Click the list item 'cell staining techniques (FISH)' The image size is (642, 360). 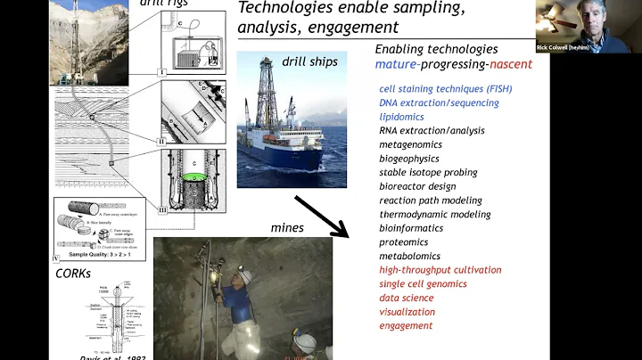tap(445, 88)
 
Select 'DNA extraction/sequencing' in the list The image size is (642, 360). tap(439, 102)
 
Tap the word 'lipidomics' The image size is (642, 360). tap(401, 117)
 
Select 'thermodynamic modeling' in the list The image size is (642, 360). tap(435, 214)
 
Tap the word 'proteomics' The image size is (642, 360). tap(403, 241)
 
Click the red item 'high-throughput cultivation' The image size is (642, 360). tap(440, 269)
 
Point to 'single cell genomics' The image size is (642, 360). tap(424, 283)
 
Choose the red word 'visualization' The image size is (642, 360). tap(407, 312)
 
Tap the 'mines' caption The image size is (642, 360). tap(287, 228)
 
